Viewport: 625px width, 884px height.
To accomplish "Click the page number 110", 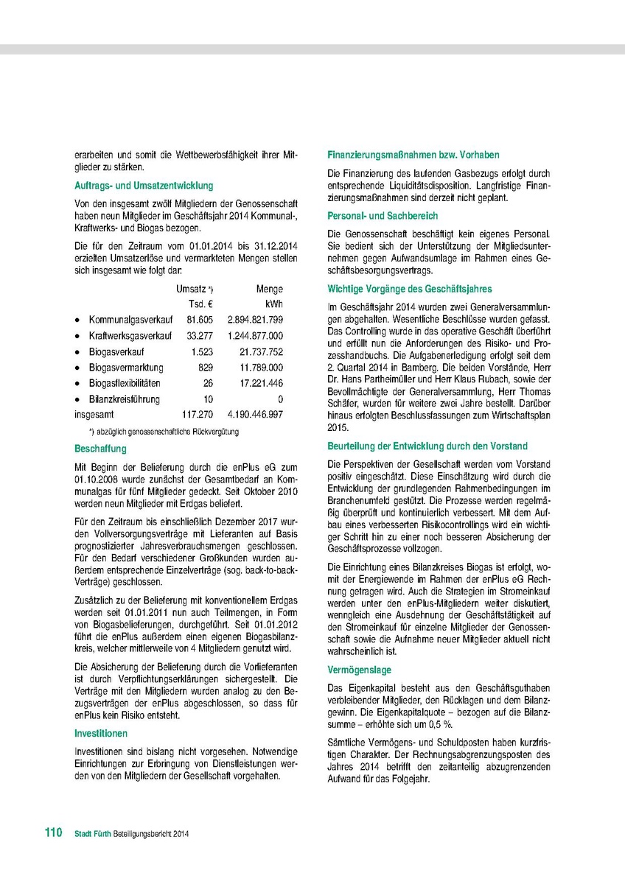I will (53, 833).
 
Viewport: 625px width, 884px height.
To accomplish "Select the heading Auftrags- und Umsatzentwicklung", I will (144, 186).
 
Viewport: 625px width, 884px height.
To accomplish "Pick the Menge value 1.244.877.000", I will (251, 336).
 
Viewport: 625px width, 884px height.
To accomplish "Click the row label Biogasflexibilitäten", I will (125, 383).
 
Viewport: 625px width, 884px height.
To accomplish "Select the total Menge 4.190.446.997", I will (255, 415).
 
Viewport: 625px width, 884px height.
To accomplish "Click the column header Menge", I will (269, 290).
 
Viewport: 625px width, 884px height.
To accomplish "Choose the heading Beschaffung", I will (100, 449).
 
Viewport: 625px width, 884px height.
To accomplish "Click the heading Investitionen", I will (101, 734).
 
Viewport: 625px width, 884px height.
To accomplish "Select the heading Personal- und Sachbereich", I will (383, 216).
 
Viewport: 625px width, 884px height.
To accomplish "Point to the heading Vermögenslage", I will (359, 670).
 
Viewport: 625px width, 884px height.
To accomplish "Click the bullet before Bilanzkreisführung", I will (77, 399).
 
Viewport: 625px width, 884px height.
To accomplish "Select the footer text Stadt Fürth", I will (93, 834).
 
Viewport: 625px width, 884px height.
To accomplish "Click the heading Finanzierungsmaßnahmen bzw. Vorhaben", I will (413, 155).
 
